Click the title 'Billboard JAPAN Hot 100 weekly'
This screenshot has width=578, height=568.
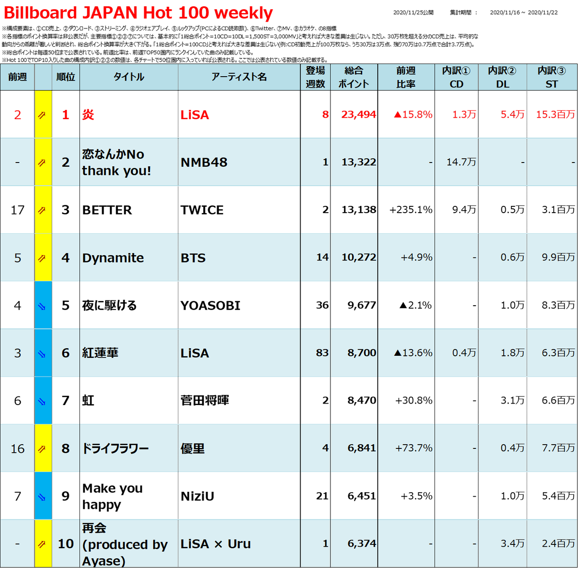coord(138,13)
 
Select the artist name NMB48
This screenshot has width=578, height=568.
coord(204,162)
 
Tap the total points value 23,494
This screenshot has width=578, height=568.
coord(358,114)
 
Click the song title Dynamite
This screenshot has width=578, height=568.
coord(113,258)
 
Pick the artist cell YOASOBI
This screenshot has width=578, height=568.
coord(210,306)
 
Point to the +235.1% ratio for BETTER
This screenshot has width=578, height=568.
coord(411,210)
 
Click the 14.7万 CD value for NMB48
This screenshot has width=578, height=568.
coord(461,162)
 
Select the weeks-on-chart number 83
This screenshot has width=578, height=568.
coord(322,352)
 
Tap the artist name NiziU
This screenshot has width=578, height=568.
coord(197,496)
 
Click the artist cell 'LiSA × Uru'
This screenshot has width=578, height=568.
coord(216,544)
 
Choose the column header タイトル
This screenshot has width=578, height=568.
coord(129,77)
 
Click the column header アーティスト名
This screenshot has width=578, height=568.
coord(239,77)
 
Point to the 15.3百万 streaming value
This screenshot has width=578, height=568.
coord(555,114)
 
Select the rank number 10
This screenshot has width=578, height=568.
coord(66,544)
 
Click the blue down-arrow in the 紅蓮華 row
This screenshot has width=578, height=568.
coord(42,354)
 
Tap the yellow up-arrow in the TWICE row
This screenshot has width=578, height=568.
coord(42,210)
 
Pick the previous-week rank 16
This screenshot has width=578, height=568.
coord(17,449)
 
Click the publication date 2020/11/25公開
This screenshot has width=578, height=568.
coord(413,13)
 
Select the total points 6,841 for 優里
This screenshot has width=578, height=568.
coord(361,448)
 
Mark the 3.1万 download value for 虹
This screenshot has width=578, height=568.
coord(512,400)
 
